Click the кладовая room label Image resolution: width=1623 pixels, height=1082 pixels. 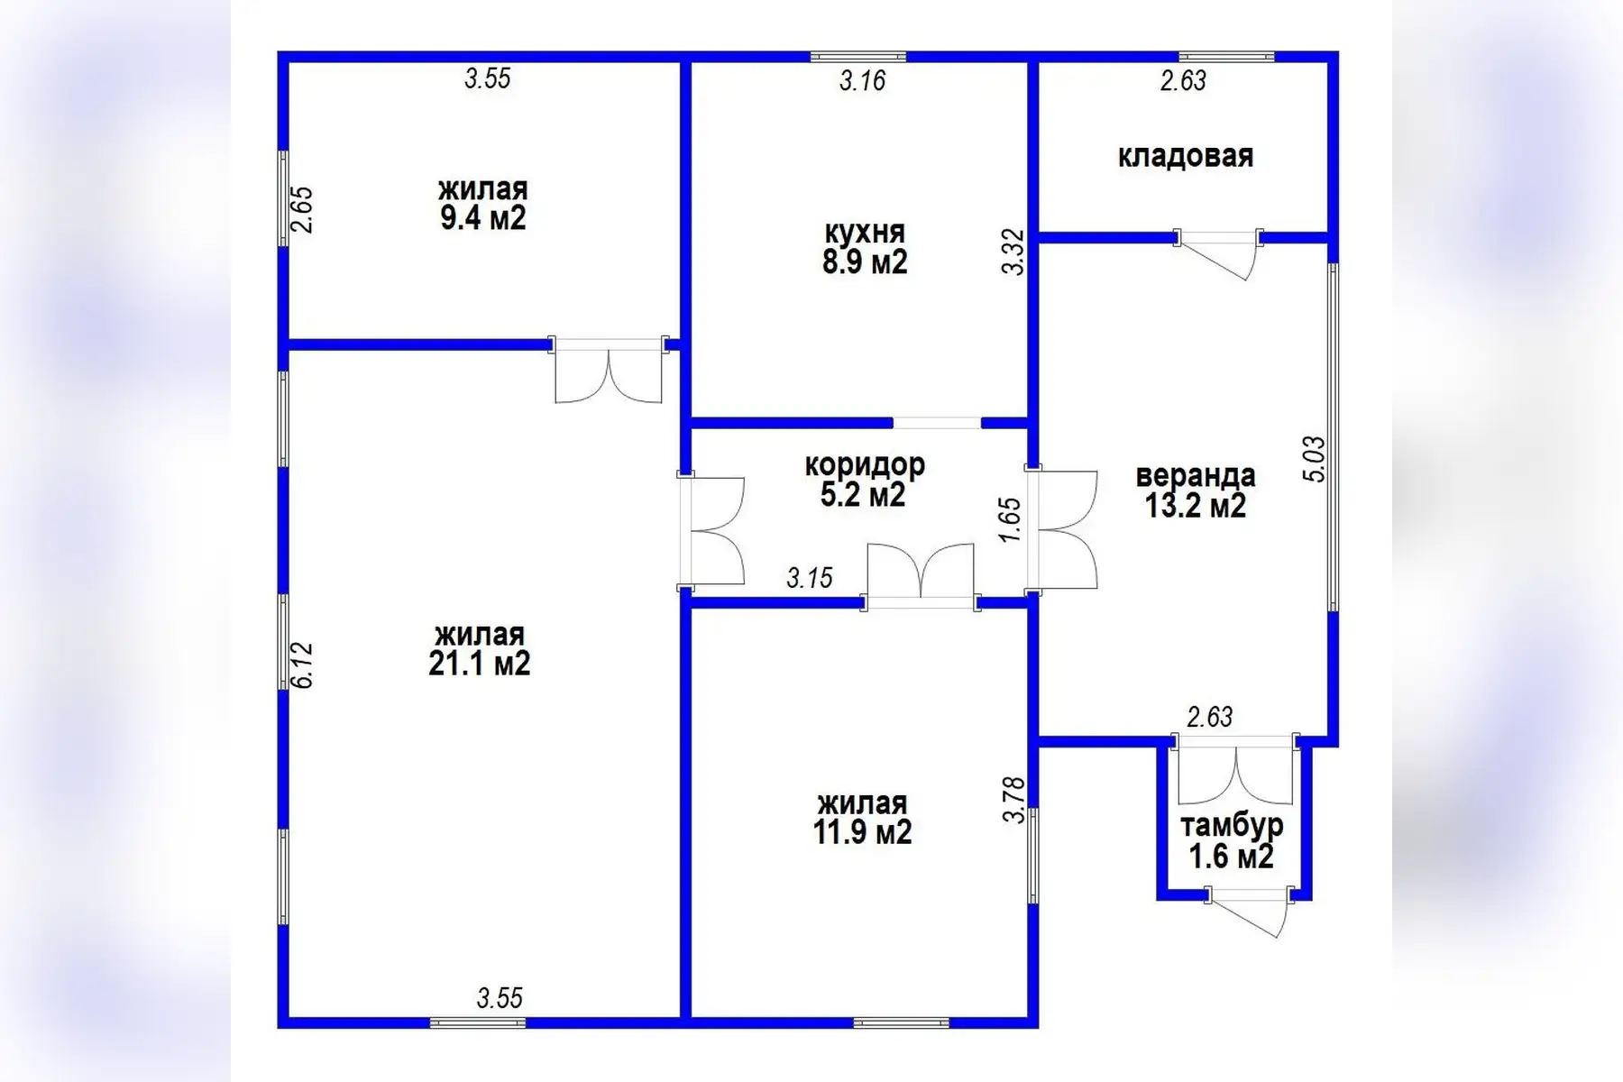point(1185,156)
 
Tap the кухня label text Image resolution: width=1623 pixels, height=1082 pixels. point(865,233)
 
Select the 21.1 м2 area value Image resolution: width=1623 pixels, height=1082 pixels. point(479,664)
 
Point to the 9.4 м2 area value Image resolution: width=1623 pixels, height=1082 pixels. point(482,218)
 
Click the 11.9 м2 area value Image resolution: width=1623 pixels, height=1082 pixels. point(862,831)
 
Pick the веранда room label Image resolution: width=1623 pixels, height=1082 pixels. point(1196,475)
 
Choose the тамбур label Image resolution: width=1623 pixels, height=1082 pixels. point(1232,825)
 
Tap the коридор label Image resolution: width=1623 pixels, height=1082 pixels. point(865,465)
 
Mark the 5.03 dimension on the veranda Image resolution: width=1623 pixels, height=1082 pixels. point(1315,459)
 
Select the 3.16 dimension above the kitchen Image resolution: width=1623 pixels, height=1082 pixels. point(863,81)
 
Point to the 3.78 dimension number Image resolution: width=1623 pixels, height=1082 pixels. point(1014,800)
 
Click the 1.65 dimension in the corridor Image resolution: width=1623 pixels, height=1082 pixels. point(1010,520)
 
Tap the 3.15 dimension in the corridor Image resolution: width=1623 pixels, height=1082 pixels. point(810,578)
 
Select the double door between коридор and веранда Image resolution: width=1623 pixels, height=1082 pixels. point(1062,530)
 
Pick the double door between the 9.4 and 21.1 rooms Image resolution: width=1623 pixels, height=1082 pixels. point(609,370)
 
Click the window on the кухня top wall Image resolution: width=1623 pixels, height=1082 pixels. point(858,57)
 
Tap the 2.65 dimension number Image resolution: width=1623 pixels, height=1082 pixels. point(303,209)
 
